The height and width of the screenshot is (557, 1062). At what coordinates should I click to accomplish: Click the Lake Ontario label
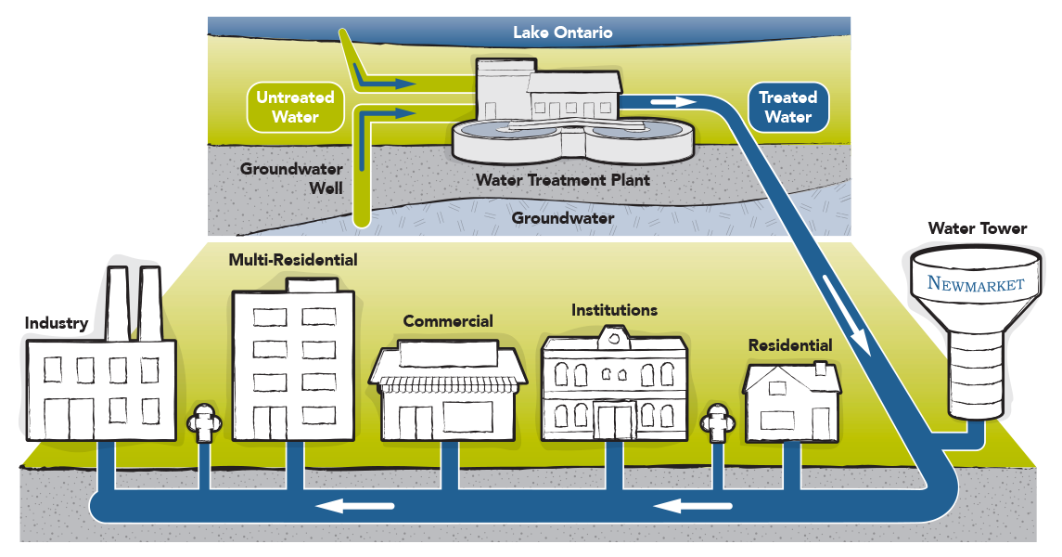tap(563, 32)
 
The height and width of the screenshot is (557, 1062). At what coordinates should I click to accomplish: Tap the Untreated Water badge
tap(295, 107)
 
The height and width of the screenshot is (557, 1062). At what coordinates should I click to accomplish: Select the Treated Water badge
tap(787, 107)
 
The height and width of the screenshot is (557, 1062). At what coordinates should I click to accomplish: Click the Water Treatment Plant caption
tap(563, 179)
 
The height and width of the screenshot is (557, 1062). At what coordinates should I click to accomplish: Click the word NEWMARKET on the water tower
tap(975, 283)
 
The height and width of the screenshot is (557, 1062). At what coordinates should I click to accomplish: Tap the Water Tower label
tap(978, 228)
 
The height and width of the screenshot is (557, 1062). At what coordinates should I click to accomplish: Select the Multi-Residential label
tap(293, 261)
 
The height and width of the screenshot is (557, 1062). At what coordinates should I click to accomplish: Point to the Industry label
tap(56, 324)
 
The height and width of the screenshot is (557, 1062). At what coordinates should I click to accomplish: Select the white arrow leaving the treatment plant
tap(673, 101)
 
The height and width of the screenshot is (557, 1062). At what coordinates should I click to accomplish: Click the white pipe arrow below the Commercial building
tap(356, 506)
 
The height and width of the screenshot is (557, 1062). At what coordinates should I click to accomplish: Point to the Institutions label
tap(614, 310)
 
